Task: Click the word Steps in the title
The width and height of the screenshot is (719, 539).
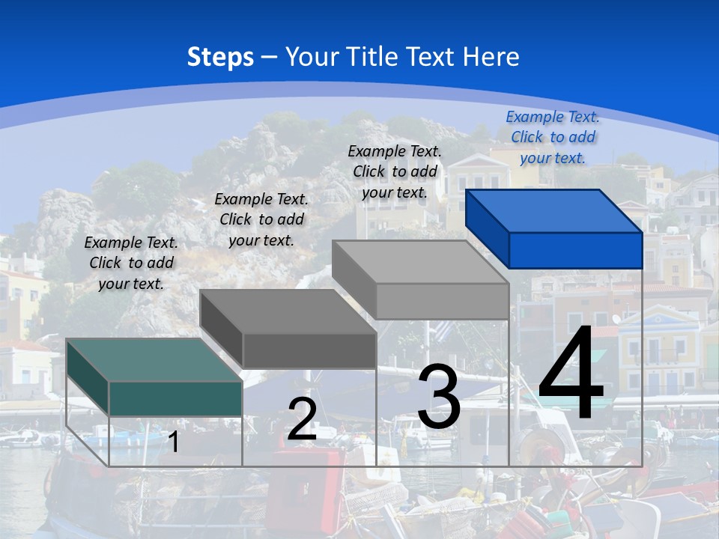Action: [220, 57]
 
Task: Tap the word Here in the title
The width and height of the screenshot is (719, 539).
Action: [491, 57]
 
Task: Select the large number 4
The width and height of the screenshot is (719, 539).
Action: [571, 376]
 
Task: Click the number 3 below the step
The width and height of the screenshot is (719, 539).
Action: [439, 397]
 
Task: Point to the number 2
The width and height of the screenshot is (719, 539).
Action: [302, 419]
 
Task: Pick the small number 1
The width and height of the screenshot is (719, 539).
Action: [173, 442]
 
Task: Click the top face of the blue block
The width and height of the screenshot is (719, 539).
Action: [553, 210]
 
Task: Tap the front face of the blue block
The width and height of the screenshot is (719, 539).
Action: [575, 250]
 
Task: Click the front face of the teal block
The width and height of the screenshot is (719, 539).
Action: [175, 398]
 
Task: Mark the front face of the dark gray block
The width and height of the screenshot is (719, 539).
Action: [309, 350]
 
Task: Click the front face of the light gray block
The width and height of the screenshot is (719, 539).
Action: [442, 301]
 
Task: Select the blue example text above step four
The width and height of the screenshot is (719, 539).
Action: [553, 137]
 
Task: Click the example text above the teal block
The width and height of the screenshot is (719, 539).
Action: [131, 263]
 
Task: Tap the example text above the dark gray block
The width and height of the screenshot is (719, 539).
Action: [261, 219]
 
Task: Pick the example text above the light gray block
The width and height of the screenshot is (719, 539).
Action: [395, 171]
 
